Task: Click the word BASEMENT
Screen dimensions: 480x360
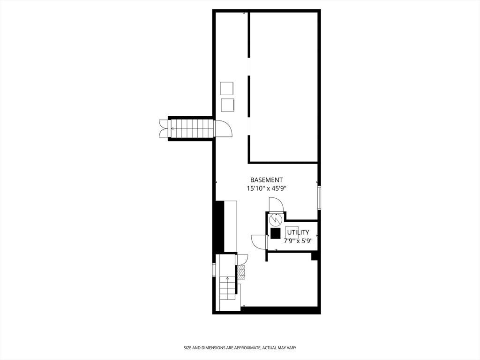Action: click(x=266, y=180)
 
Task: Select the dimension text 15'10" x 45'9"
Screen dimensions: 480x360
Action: click(x=266, y=188)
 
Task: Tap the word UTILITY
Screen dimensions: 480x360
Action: click(x=298, y=232)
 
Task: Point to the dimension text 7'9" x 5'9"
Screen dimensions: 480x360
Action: click(x=298, y=241)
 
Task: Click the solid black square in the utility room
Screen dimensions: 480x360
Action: click(x=276, y=233)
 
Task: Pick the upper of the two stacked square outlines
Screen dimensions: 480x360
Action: click(x=227, y=89)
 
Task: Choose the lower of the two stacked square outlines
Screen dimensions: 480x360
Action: click(x=228, y=105)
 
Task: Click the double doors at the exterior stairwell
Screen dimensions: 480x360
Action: click(x=164, y=128)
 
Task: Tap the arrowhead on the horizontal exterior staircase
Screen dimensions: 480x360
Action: click(x=172, y=128)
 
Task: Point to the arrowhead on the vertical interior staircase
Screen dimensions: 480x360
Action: click(x=227, y=278)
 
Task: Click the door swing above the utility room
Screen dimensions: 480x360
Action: click(x=277, y=204)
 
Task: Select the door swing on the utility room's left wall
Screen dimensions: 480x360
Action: click(x=259, y=242)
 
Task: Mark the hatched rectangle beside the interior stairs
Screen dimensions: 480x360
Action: click(x=242, y=272)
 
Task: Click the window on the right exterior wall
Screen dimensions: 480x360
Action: click(x=319, y=198)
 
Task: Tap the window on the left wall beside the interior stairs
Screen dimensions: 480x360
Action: click(x=214, y=270)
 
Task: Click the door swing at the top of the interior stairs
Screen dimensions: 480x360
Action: click(x=241, y=260)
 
